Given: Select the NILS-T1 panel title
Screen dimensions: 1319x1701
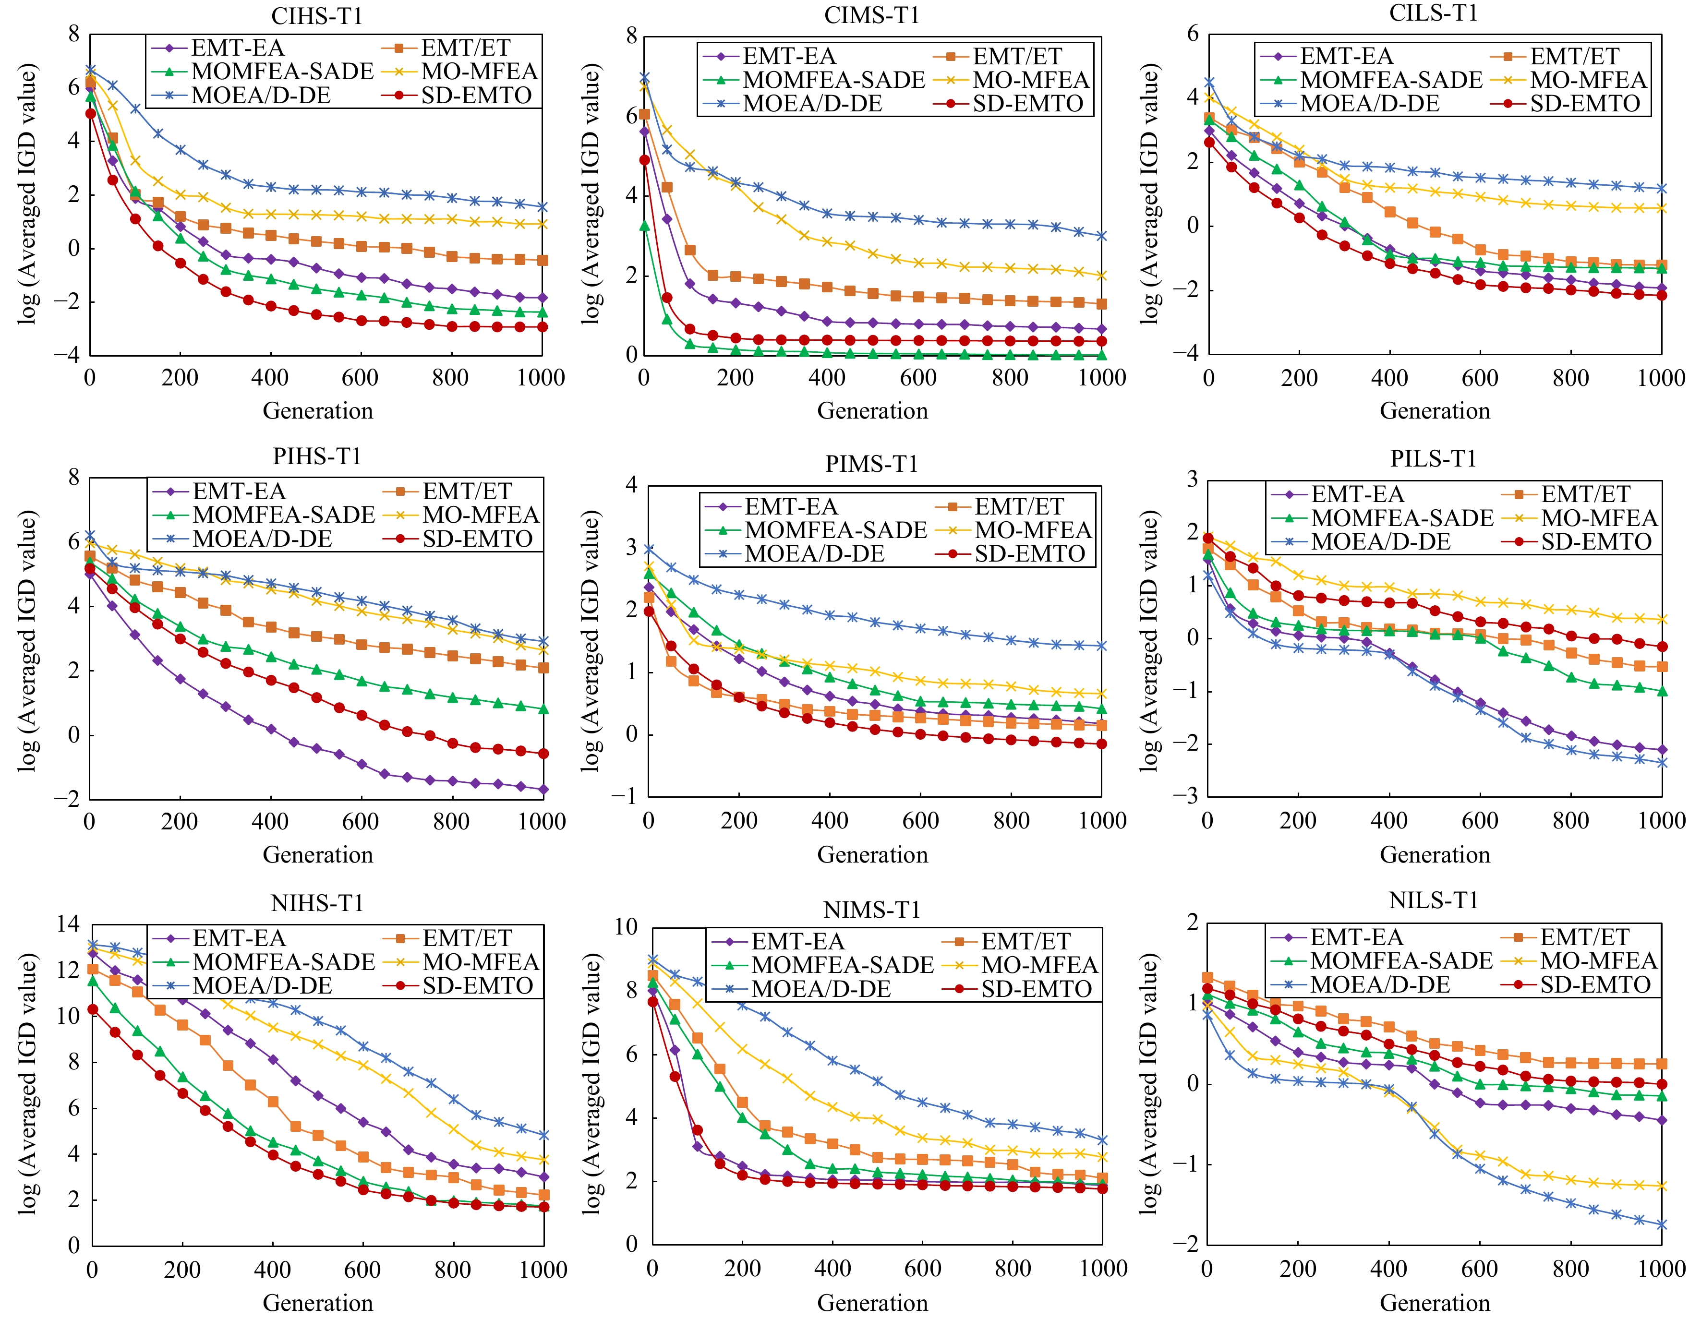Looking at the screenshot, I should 1433,900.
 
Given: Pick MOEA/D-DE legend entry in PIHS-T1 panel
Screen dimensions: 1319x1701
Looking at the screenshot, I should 262,539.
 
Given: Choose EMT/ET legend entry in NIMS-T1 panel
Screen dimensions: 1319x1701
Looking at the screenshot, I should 1025,941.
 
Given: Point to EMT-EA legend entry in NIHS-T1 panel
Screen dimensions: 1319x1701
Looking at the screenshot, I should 238,938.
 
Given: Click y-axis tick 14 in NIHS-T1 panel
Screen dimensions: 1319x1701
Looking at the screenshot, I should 69,924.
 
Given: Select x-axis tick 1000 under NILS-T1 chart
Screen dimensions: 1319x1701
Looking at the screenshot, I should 1661,1269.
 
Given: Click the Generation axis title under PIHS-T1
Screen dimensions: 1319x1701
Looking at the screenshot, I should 318,855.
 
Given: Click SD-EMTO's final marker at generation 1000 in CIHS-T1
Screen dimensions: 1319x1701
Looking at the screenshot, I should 542,327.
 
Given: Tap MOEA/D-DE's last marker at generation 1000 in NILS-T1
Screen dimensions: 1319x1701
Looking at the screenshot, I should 1661,1225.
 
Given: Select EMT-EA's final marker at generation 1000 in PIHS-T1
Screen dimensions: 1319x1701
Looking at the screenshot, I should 543,790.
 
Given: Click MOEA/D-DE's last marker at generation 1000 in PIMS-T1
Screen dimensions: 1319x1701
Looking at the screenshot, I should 1101,646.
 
